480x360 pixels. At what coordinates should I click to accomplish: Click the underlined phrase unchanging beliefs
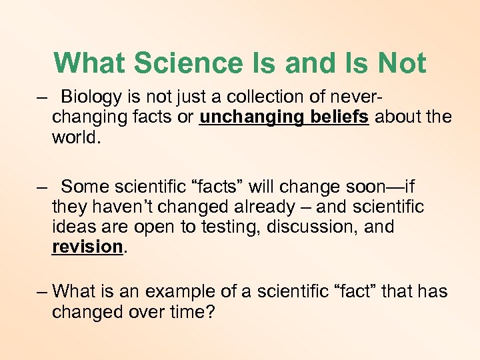coord(284,117)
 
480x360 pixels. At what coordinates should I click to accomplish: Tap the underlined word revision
coord(87,247)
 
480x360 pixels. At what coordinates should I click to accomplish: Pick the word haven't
coord(116,207)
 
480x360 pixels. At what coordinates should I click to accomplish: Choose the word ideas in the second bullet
coord(71,227)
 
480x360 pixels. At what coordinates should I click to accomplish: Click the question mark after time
coord(210,311)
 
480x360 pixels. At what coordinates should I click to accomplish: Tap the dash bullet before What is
coord(42,291)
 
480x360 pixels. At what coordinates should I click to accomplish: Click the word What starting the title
coord(90,63)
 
